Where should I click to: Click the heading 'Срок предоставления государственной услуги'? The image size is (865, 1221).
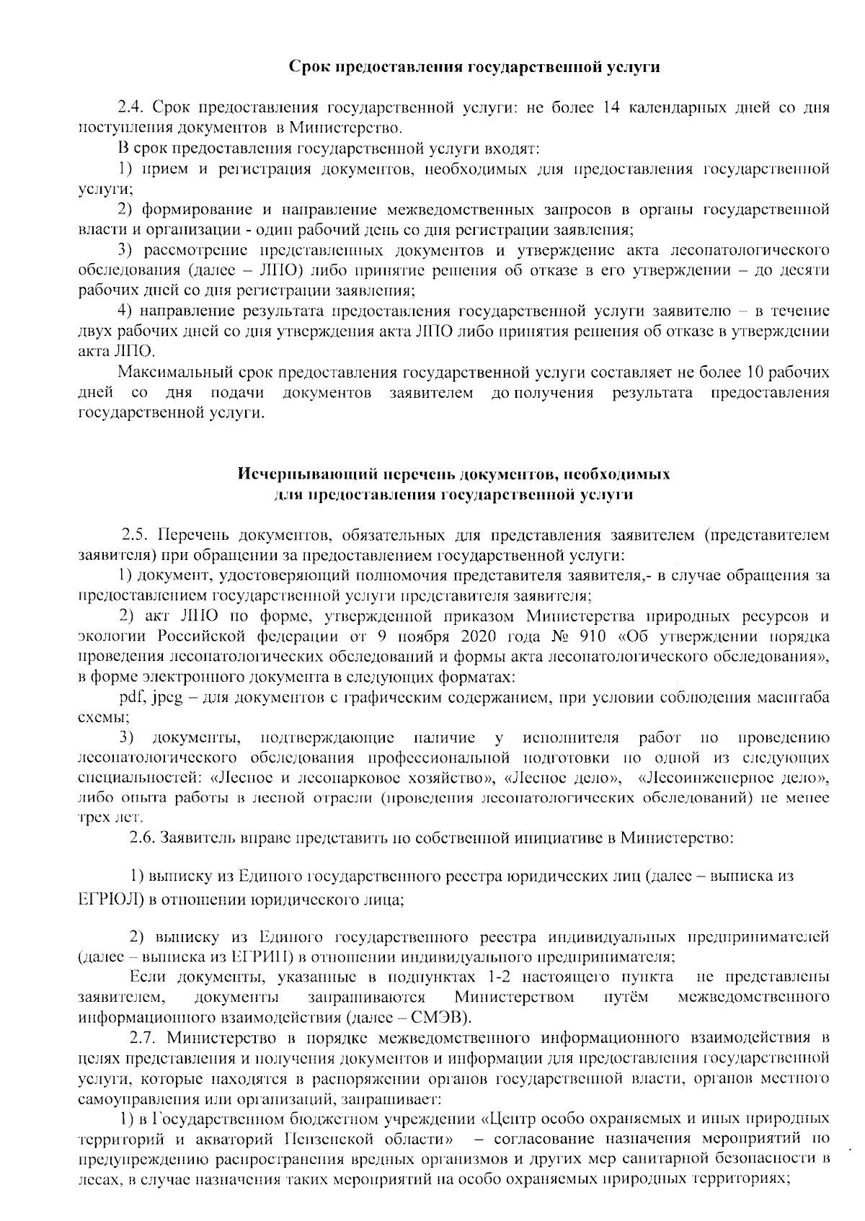click(474, 67)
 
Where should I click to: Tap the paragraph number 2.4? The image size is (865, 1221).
click(133, 109)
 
